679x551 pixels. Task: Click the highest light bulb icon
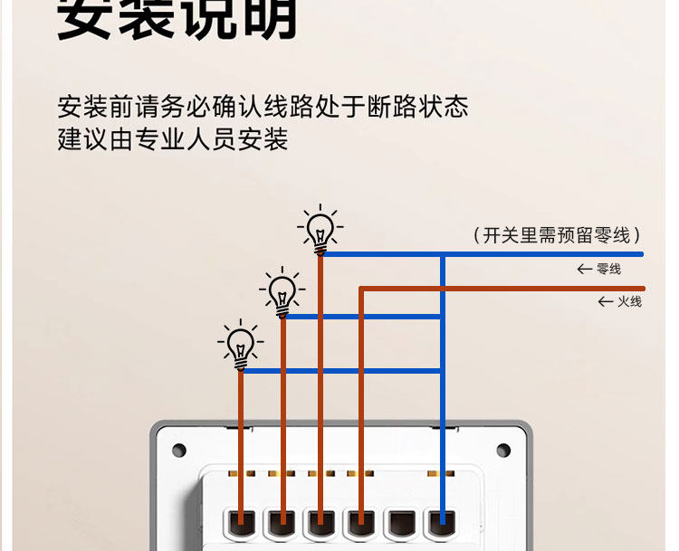[x=320, y=229]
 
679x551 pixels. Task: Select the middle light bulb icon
[x=282, y=291]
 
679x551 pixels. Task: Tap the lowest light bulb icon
[x=241, y=345]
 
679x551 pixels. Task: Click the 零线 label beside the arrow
[x=608, y=270]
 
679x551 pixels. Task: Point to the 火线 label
[x=629, y=301]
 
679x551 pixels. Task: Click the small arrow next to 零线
[x=585, y=270]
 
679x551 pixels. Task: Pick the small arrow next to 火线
[x=606, y=301]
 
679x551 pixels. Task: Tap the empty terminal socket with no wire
[x=400, y=522]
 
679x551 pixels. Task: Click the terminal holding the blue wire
[x=442, y=522]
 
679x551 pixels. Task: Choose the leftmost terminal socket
[x=241, y=522]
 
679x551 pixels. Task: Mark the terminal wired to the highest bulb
[x=320, y=522]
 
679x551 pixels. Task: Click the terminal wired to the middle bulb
[x=282, y=522]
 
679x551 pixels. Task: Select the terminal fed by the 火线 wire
[x=360, y=522]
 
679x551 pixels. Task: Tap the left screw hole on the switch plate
[x=179, y=450]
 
